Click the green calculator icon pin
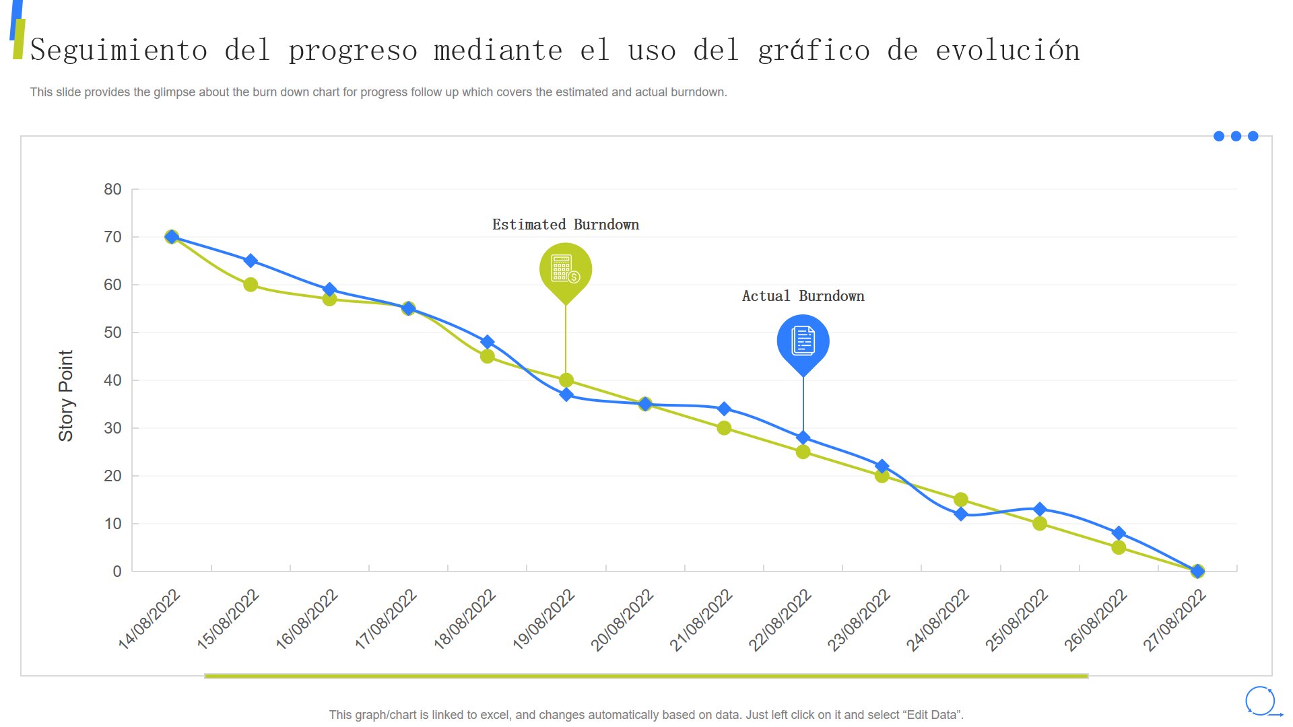(566, 269)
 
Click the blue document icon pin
(803, 341)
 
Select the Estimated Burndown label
(566, 225)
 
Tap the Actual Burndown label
(803, 296)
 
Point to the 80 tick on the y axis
(112, 190)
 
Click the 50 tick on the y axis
(112, 333)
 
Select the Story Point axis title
(65, 396)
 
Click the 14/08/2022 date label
(150, 619)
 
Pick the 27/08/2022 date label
(1174, 619)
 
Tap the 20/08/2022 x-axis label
(622, 619)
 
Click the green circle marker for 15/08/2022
(251, 285)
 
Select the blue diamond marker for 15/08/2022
(251, 261)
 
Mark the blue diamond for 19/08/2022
(566, 394)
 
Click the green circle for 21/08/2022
(724, 428)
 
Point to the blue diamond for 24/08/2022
(961, 514)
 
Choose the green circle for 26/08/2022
(1119, 548)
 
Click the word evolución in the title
(1007, 50)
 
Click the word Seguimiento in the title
(119, 50)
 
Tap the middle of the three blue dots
(1236, 136)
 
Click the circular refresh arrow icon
(1260, 701)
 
